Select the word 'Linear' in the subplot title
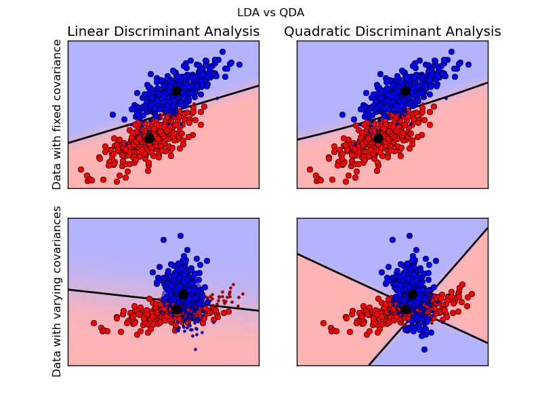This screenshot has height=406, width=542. click(89, 32)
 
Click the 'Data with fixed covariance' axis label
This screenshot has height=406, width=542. click(57, 114)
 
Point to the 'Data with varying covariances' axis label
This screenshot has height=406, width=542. click(57, 291)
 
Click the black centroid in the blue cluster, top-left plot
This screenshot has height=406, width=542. click(176, 90)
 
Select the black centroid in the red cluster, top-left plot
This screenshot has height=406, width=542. click(150, 138)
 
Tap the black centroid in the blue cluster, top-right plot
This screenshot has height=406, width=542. click(405, 90)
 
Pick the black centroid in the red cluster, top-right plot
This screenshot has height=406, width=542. click(378, 138)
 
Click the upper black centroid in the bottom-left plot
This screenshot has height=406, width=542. click(183, 294)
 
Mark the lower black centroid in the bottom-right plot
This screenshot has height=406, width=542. click(405, 309)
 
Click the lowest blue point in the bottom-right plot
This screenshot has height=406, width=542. click(424, 349)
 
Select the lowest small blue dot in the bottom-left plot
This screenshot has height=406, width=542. click(195, 349)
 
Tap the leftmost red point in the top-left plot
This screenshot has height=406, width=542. click(81, 169)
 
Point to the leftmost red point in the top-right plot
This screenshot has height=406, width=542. click(310, 169)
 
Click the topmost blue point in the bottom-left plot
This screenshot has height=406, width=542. click(180, 235)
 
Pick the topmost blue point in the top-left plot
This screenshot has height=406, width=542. click(222, 51)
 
